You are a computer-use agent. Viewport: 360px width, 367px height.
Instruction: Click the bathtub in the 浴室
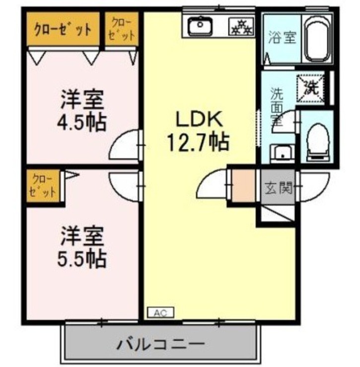pos(318,39)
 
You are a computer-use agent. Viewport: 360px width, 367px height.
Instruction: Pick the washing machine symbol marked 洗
pos(310,87)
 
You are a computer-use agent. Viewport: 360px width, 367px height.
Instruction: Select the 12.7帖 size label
pos(196,143)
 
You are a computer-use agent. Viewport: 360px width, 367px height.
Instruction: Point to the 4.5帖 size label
pos(82,122)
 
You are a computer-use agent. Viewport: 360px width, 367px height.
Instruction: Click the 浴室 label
pos(283,38)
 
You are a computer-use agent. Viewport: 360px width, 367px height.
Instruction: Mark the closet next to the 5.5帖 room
pos(42,185)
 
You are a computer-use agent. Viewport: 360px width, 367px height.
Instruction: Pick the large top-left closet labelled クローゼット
pos(63,29)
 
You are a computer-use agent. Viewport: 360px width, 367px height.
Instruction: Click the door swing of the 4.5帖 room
pos(125,145)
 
